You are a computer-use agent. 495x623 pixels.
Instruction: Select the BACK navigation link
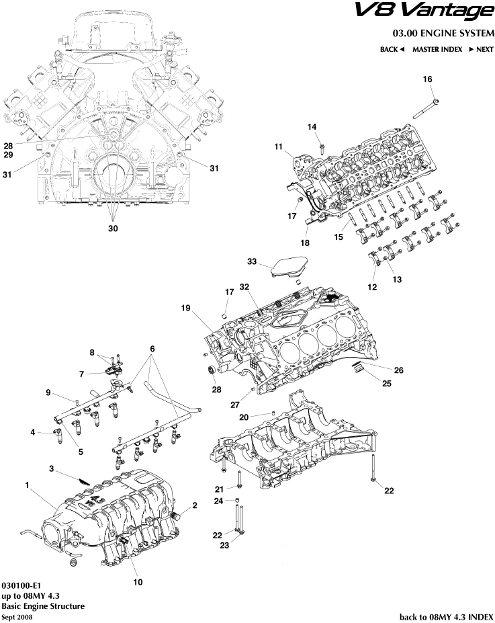pos(392,49)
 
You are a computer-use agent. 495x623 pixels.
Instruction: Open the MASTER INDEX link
pos(436,49)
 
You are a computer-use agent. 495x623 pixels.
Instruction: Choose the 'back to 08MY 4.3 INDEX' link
pos(447,616)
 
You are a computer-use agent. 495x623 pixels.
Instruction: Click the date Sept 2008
pos(17,616)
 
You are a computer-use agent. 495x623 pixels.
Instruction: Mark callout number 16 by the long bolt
pos(427,79)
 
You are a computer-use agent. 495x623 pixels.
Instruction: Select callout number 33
pos(252,261)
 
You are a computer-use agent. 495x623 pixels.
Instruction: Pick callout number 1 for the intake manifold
pos(28,484)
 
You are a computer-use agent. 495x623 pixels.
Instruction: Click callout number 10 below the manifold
pos(138,582)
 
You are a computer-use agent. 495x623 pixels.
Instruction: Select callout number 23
pos(224,546)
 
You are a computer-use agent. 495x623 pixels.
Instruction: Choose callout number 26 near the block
pos(398,370)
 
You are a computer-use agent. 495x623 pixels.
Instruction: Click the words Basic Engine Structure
pos(43,606)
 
